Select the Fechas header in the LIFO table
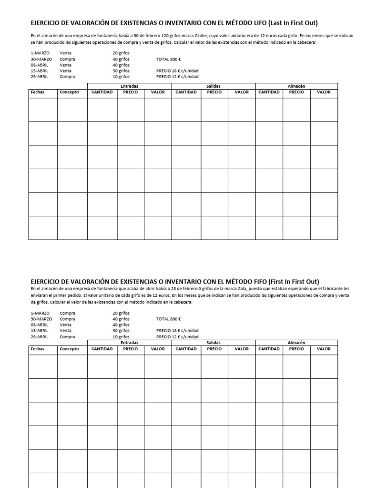(37, 92)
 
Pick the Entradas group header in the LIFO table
(129, 86)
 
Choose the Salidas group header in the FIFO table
(213, 343)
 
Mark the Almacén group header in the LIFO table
(296, 86)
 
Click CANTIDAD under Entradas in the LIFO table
(102, 92)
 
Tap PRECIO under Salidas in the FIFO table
(214, 349)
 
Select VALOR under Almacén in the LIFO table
(324, 92)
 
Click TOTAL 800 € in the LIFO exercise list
(169, 60)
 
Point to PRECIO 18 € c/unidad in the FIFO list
(177, 330)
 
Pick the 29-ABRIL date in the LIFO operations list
(40, 76)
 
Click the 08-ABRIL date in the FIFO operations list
(40, 325)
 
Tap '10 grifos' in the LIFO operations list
(121, 76)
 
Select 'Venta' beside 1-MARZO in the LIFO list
(66, 53)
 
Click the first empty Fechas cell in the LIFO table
(43, 110)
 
